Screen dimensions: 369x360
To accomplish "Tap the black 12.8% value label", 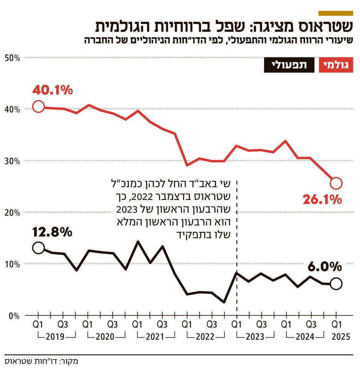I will coord(52,232).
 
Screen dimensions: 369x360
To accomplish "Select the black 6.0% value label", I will coord(325,267).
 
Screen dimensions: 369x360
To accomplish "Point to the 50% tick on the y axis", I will coord(12,57).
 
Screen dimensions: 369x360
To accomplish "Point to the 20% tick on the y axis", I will coord(12,213).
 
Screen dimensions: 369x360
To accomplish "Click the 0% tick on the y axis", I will coord(14,316).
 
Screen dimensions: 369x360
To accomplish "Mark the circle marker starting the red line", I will coord(38,106).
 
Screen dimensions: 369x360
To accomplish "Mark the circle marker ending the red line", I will coord(336,183).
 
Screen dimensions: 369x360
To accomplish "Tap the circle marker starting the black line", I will coord(38,248).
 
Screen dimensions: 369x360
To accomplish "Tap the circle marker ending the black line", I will coord(336,284).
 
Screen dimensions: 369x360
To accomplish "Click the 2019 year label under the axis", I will coord(55,337).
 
